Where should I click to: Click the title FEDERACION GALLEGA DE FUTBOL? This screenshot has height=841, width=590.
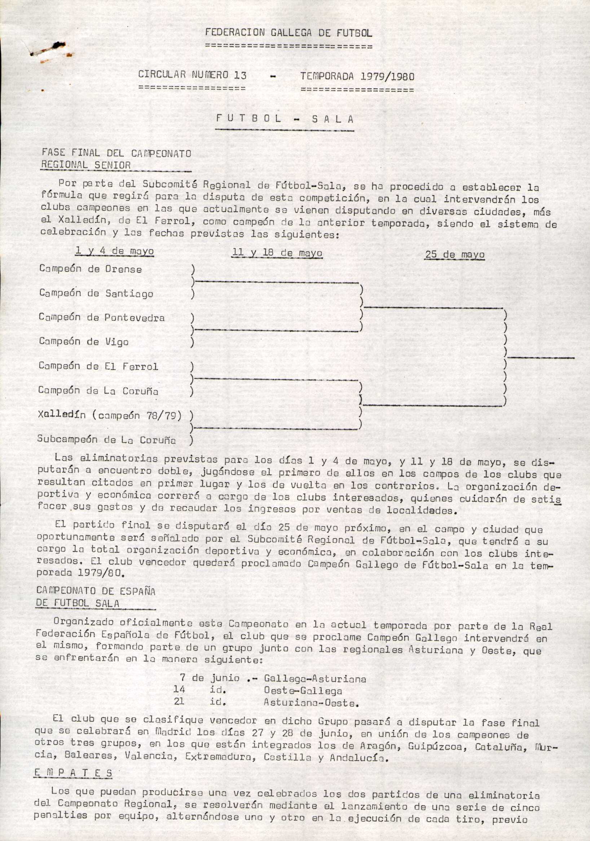(x=288, y=33)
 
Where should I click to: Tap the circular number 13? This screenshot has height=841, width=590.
(x=240, y=75)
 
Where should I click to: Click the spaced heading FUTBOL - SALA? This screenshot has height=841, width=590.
(x=285, y=119)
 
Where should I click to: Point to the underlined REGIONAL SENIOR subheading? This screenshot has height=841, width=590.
(x=86, y=165)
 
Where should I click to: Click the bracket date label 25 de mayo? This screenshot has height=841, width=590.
(x=454, y=255)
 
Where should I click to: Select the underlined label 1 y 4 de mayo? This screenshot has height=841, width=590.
(x=114, y=251)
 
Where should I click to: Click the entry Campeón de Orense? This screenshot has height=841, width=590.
(x=91, y=269)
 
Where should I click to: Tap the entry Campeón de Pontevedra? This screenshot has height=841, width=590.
(x=101, y=318)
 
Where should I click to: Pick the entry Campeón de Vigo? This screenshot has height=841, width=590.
(x=84, y=342)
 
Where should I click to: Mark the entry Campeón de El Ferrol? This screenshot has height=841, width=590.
(x=98, y=366)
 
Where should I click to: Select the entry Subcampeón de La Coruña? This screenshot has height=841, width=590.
(x=106, y=440)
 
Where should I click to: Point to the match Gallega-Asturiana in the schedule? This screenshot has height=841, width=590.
(x=314, y=679)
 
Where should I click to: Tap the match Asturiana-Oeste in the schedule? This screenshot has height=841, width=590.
(x=311, y=703)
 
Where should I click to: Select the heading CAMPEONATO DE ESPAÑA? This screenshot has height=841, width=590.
(x=96, y=591)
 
